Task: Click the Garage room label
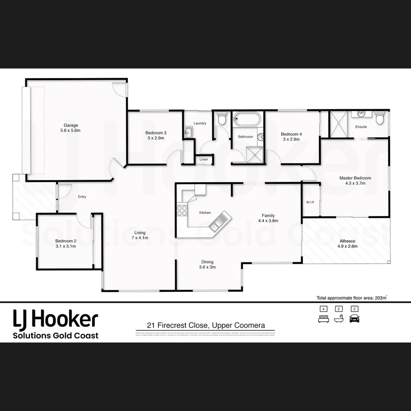(71, 125)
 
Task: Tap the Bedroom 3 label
(156, 133)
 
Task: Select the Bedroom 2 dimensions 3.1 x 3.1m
(65, 246)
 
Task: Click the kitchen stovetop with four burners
(182, 210)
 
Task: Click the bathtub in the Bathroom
(247, 119)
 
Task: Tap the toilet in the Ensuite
(380, 118)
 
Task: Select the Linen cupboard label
(204, 159)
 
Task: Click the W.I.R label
(310, 202)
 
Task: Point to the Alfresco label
(347, 241)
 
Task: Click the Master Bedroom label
(355, 178)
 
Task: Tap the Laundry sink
(188, 132)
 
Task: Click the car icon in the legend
(354, 319)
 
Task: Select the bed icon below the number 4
(323, 319)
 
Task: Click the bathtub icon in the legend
(339, 319)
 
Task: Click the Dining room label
(207, 262)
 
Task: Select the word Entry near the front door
(82, 197)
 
